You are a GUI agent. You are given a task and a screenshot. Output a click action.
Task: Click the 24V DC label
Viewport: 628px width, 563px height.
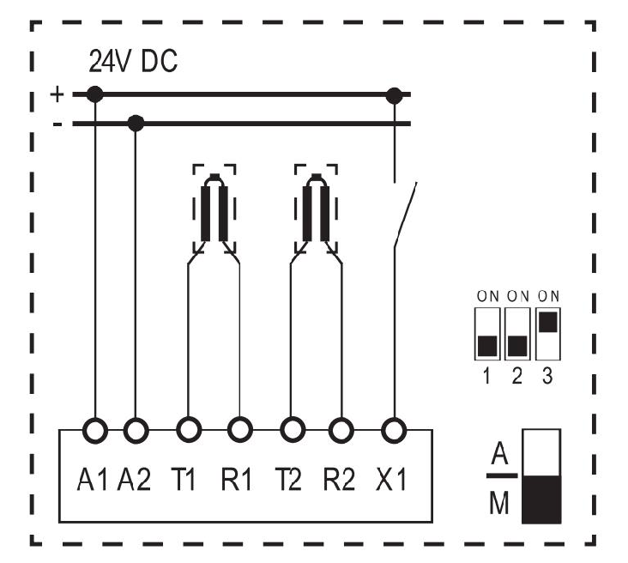coord(133,61)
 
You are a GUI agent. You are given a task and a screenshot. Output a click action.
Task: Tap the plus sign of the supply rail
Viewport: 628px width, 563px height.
coord(57,94)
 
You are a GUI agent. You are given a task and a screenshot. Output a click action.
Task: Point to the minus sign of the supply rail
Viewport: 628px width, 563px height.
coord(57,124)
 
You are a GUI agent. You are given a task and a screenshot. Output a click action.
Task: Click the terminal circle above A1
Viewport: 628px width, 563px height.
coord(95,431)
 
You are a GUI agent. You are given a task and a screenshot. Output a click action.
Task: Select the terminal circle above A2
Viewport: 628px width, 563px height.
coord(136,431)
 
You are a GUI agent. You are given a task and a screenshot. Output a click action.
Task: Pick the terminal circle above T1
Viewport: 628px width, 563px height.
coord(189,430)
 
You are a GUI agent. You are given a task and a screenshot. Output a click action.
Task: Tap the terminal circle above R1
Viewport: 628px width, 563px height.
coord(240,430)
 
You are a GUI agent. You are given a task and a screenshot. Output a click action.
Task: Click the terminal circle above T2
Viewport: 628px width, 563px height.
coord(293,430)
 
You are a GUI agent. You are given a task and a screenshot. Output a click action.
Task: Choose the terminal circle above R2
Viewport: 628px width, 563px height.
coord(341,430)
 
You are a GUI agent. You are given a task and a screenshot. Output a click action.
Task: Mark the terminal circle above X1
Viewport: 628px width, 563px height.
coord(394,431)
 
